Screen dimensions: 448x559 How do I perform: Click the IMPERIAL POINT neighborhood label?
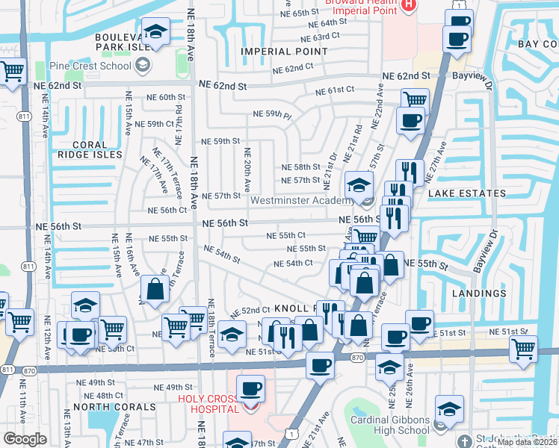point(284,52)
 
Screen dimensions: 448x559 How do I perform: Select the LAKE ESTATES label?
point(467,193)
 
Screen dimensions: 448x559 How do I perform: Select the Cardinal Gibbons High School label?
point(390,425)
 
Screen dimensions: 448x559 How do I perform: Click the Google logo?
point(25,439)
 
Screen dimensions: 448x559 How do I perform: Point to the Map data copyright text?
point(527,442)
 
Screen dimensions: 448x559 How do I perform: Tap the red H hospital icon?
point(408,6)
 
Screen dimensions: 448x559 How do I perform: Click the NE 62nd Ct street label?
point(292,68)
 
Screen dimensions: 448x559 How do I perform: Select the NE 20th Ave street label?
point(246,168)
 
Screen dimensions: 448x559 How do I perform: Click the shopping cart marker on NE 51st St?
point(522,347)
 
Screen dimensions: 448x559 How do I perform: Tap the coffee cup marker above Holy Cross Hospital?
point(252,388)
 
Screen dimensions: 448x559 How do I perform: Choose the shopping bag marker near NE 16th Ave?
point(154,291)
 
